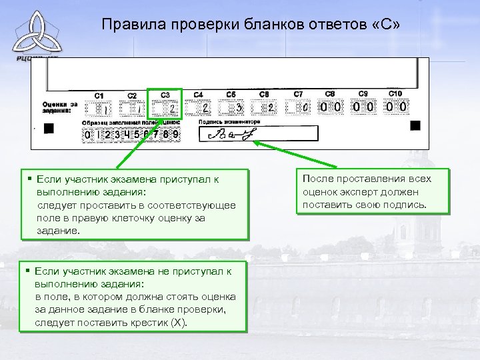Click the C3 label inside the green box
point(165,94)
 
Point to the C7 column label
point(298,93)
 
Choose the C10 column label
point(395,93)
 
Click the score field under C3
point(165,108)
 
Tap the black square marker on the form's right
point(415,125)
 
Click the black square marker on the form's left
point(48,132)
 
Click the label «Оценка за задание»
point(59,107)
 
